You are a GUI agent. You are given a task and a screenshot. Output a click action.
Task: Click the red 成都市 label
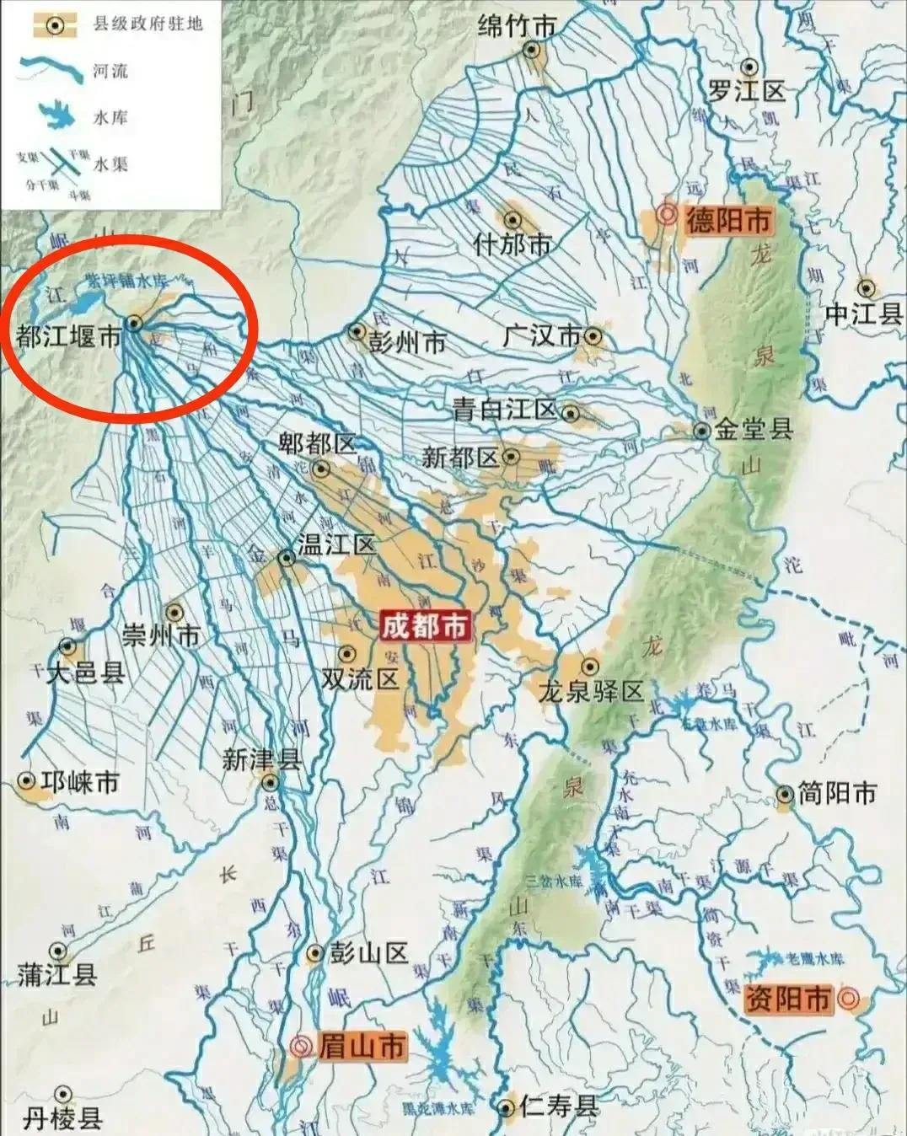424,626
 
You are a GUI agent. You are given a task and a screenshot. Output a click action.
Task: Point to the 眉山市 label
361,1047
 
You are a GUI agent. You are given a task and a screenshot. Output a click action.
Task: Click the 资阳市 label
787,999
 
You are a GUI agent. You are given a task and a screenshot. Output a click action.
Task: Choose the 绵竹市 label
517,26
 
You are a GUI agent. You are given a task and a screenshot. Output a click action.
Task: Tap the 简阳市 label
837,793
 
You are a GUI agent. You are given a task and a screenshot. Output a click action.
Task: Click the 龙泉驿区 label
591,692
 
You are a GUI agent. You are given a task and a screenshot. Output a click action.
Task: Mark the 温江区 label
335,544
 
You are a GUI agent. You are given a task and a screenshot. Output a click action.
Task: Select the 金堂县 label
754,430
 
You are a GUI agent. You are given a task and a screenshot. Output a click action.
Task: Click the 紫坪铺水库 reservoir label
126,282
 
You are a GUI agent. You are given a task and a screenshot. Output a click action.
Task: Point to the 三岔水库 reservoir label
554,881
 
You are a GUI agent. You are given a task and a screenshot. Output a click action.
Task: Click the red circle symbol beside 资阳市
848,999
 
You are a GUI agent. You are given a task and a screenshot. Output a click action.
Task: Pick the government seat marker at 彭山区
314,953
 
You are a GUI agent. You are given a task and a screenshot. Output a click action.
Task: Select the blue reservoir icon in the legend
55,116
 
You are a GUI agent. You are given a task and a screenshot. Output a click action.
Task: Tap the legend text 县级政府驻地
148,24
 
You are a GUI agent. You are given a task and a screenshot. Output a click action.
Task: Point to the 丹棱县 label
62,1118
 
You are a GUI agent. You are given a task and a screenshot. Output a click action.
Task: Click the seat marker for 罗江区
749,67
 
